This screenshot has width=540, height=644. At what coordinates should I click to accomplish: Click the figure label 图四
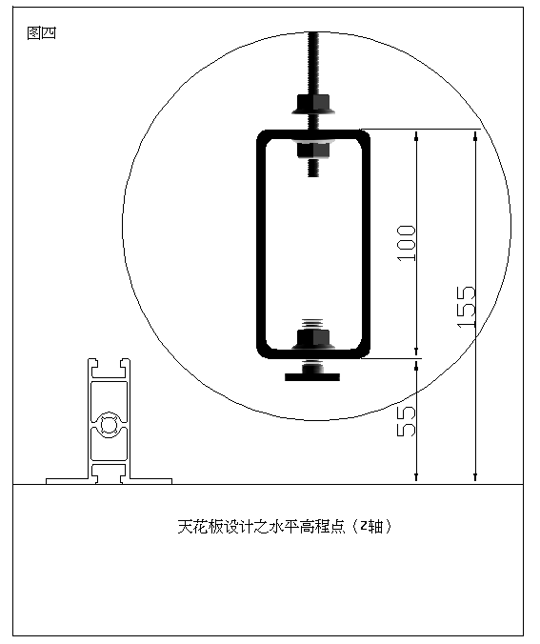41,32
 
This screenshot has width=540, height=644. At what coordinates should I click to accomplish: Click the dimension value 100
407,243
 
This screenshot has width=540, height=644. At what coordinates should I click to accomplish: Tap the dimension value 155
466,307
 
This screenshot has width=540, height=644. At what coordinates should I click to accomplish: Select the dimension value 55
407,421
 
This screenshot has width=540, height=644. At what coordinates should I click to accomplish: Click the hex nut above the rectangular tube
313,105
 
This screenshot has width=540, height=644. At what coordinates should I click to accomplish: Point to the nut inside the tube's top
313,150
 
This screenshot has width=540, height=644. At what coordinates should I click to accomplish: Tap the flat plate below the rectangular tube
312,376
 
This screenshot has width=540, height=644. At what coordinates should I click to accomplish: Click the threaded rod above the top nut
313,63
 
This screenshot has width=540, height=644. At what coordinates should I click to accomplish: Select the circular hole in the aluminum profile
109,425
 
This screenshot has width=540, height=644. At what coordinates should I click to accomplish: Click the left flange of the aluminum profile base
68,481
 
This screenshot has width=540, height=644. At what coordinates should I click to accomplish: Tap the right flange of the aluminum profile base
150,481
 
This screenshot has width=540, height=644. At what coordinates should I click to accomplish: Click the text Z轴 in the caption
371,527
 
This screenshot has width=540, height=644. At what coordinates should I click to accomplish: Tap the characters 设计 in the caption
238,527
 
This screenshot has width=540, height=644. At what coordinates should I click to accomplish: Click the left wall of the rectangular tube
262,245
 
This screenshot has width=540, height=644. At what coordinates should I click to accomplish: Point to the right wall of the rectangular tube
366,245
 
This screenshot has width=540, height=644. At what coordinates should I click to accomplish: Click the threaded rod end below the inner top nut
313,168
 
